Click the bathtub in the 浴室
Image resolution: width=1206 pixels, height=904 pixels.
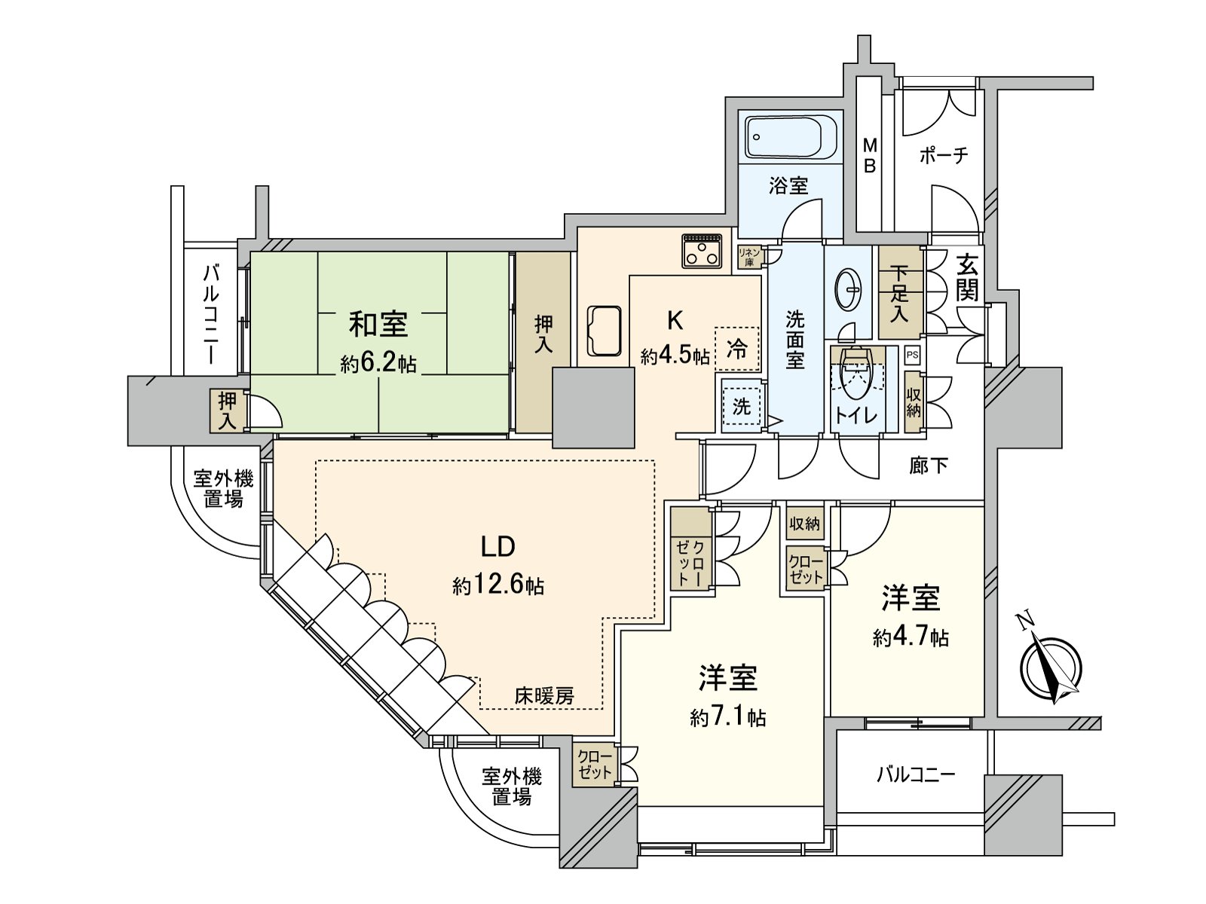click(790, 138)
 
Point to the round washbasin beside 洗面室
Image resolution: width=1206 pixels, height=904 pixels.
click(850, 291)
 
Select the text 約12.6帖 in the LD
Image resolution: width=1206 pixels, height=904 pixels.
click(498, 585)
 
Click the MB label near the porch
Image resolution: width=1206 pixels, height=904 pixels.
click(869, 155)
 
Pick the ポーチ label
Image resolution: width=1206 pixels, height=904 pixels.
click(944, 156)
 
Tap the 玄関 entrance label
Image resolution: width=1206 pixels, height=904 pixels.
click(968, 278)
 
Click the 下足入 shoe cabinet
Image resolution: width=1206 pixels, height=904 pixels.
click(899, 293)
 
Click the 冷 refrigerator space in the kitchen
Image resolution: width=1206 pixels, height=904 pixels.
click(736, 349)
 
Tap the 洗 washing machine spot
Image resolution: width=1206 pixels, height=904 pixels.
click(742, 407)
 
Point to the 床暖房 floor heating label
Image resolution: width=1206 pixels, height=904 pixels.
click(544, 695)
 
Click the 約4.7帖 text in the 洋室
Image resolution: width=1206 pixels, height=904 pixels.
click(911, 638)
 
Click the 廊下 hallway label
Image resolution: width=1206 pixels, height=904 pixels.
click(928, 466)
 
